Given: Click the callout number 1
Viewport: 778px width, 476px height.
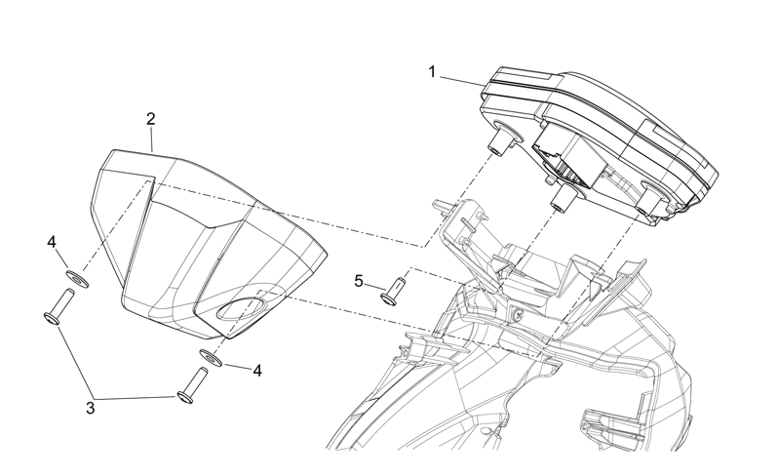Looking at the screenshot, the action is click(x=432, y=72).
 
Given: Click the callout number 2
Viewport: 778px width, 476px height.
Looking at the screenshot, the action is click(x=151, y=119).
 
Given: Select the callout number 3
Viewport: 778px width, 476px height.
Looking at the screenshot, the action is click(x=91, y=409).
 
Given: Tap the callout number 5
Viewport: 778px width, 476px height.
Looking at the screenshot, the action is click(x=359, y=281).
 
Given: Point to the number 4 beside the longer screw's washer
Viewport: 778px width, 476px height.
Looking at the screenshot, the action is click(x=257, y=371).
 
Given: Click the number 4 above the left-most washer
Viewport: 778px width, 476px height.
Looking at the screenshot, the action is click(x=52, y=242).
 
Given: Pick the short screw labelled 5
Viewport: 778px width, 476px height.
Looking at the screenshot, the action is click(x=392, y=293).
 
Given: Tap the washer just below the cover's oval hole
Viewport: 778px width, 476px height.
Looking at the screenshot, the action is click(x=212, y=357).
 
